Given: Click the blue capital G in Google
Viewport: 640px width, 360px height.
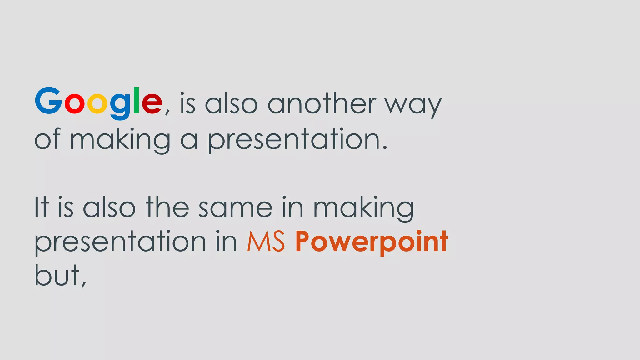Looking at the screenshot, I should point(48,101).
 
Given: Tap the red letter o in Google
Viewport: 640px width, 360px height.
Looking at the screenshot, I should point(74,104).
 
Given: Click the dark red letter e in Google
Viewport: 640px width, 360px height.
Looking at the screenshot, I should point(152,104).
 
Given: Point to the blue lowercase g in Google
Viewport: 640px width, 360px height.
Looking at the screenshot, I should point(120,106).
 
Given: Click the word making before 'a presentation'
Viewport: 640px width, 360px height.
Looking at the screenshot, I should point(120,140).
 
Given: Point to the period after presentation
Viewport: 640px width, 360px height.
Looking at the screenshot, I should point(385,147).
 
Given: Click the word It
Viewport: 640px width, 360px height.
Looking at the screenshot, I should point(42,207).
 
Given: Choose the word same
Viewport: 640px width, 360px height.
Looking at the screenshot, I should point(236,208).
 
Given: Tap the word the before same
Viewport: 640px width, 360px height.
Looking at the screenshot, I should point(167,207).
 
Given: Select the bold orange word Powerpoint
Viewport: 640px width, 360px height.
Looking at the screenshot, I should point(372,242).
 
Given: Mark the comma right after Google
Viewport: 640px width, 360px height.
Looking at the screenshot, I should point(167,111).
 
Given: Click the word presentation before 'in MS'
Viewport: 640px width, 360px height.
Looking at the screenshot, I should point(120,242).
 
